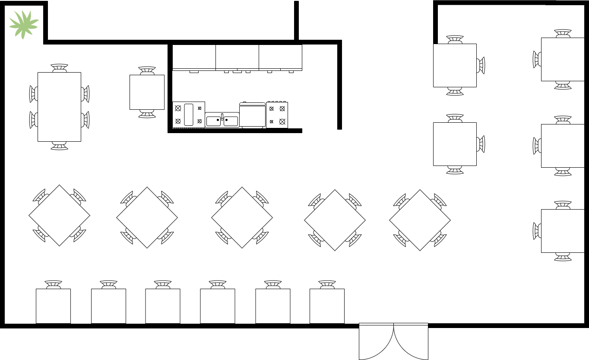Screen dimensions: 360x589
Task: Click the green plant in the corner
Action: [24, 24]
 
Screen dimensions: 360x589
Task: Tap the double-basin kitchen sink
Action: [222, 120]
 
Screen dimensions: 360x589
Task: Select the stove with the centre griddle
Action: [189, 115]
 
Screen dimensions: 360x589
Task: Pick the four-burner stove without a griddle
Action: [277, 115]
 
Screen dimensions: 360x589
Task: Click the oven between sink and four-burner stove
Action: [253, 115]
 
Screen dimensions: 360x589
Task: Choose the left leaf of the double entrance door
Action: [376, 341]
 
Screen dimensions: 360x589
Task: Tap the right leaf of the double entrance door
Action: [411, 341]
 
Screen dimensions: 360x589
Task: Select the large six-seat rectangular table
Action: [59, 107]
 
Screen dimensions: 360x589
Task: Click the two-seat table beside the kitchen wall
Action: [147, 92]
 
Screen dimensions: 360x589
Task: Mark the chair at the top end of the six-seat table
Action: [59, 68]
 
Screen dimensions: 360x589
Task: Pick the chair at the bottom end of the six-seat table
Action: [59, 146]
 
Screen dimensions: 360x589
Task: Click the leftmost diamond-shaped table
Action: [59, 215]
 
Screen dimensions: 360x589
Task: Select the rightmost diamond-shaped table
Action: [420, 220]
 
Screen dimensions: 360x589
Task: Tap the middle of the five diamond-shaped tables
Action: [242, 217]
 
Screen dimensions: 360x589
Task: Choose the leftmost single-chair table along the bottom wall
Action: [53, 306]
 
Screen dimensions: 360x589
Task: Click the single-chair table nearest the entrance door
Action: [327, 306]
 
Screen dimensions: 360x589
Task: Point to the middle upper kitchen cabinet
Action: [237, 57]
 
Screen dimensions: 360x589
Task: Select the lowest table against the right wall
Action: [563, 231]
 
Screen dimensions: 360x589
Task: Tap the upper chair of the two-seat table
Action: [147, 70]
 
